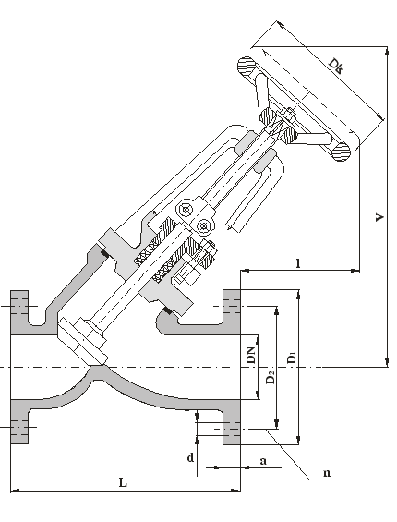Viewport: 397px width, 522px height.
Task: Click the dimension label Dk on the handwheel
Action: (x=336, y=66)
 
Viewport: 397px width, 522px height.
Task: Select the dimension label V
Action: (x=379, y=218)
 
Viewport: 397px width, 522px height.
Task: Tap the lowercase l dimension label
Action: (x=298, y=263)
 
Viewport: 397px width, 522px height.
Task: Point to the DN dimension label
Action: (x=250, y=355)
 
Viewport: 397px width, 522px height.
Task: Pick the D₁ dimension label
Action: (x=292, y=357)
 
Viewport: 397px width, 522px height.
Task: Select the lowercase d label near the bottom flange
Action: (x=190, y=458)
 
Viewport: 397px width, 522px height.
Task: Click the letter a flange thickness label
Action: (x=263, y=461)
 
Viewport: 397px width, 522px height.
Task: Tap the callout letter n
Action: (x=327, y=473)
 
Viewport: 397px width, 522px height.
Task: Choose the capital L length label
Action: (x=123, y=482)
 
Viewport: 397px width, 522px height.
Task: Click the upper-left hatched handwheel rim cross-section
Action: (x=247, y=67)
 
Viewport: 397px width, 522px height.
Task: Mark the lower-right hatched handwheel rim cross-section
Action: (x=341, y=152)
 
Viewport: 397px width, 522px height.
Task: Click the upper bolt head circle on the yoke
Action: (x=185, y=210)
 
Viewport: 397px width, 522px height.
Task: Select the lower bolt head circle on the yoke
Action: (x=203, y=226)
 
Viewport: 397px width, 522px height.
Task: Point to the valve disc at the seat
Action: (x=82, y=341)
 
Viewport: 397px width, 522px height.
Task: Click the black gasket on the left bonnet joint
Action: (x=104, y=254)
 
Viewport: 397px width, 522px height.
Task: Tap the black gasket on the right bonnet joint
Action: (x=167, y=311)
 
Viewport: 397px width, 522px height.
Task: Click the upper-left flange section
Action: (x=19, y=312)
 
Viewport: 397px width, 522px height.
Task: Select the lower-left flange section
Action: (x=19, y=422)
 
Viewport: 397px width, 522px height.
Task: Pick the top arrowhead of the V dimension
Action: (x=387, y=51)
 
